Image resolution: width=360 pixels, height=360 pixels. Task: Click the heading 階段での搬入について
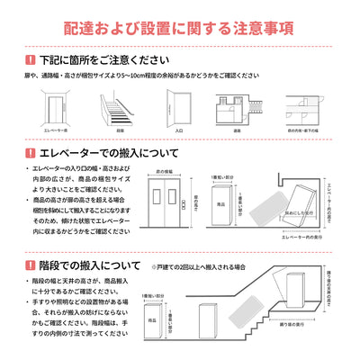pyautogui.click(x=86, y=265)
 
